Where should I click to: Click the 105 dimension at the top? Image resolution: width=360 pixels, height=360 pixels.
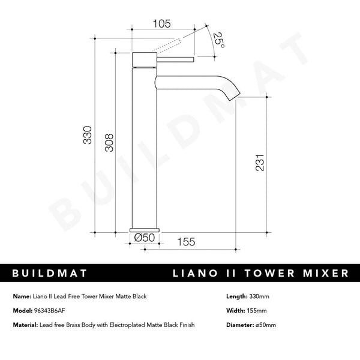click(162, 24)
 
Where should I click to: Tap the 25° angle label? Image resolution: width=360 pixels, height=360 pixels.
click(218, 40)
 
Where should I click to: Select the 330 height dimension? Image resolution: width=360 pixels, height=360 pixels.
click(88, 136)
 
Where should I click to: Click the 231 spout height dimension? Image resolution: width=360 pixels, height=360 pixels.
click(260, 162)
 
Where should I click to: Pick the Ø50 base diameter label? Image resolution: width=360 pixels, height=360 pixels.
click(145, 238)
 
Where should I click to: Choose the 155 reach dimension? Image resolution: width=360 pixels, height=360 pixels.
click(187, 242)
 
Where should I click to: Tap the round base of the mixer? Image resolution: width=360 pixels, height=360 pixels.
click(145, 229)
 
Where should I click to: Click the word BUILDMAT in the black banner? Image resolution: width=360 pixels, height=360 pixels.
click(50, 273)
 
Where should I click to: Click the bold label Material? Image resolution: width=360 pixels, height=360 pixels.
click(26, 325)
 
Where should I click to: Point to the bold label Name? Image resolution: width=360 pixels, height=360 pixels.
click(22, 296)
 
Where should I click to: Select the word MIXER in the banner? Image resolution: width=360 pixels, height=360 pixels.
click(324, 273)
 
